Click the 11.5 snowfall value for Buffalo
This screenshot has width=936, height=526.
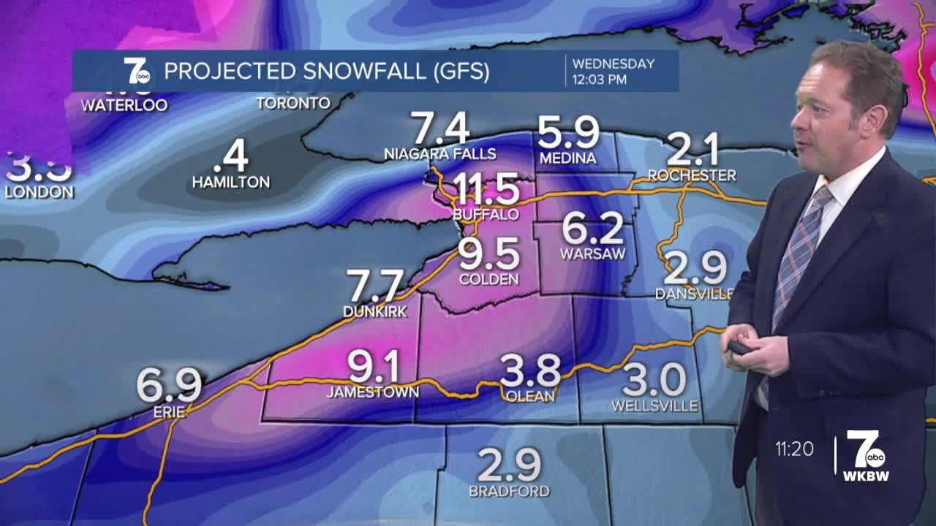[x=486, y=189]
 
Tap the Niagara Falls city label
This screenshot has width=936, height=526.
[x=440, y=154]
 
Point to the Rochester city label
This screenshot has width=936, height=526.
[x=692, y=175]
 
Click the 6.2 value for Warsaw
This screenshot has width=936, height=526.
[x=593, y=230]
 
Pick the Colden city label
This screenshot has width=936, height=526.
[x=489, y=279]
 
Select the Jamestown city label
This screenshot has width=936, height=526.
[x=373, y=392]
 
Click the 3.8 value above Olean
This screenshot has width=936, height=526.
[x=530, y=371]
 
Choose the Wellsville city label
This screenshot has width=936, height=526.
[x=654, y=405]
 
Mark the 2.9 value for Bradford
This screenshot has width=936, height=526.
[x=509, y=465]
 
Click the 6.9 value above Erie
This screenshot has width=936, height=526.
[x=169, y=386]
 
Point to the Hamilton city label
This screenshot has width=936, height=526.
[x=231, y=182]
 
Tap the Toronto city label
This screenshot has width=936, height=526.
[x=293, y=103]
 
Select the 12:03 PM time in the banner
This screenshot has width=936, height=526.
[x=599, y=80]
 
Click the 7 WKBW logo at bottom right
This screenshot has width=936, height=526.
[x=866, y=455]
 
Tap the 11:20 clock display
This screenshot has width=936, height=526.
[x=795, y=449]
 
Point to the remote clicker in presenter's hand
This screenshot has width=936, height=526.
[x=740, y=348]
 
